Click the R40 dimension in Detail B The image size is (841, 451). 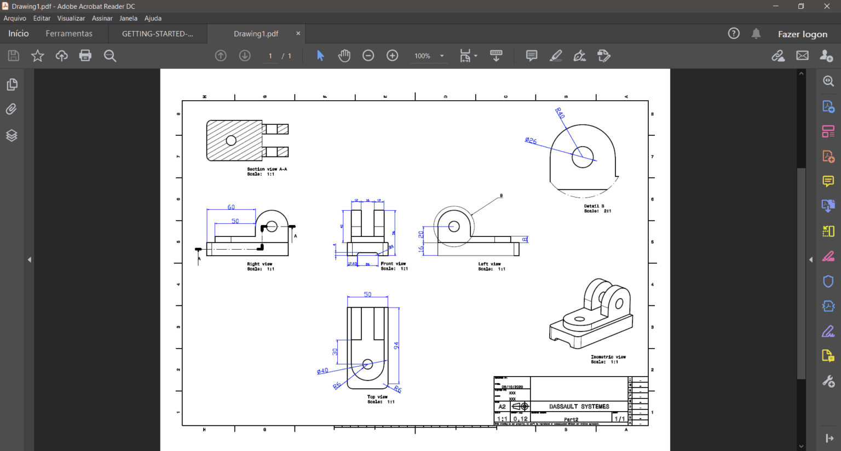[560, 113]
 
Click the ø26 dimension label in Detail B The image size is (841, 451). [531, 141]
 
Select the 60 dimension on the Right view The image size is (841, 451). [231, 207]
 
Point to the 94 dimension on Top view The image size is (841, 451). [396, 345]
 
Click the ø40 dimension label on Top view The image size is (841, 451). [322, 371]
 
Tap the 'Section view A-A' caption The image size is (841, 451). [267, 169]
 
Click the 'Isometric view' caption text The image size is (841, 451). [608, 357]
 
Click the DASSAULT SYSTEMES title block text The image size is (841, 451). [579, 407]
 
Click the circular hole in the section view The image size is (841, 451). [231, 141]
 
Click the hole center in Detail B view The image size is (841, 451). [583, 157]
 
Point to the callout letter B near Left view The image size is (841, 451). [501, 195]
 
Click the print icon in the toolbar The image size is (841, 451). [85, 55]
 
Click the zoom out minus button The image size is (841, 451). [368, 55]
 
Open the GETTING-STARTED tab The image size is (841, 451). [157, 33]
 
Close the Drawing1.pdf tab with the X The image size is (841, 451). [298, 33]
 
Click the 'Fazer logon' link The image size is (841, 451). [802, 34]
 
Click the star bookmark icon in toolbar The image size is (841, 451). [37, 55]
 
